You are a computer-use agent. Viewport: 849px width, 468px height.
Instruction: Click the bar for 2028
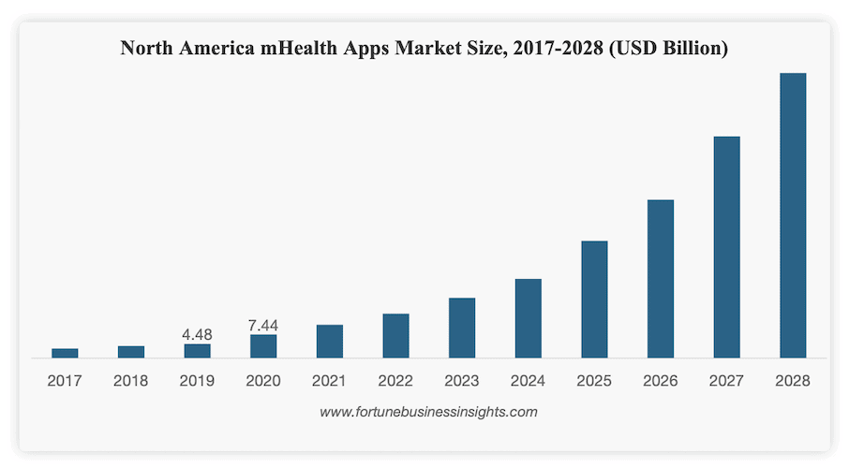pyautogui.click(x=792, y=215)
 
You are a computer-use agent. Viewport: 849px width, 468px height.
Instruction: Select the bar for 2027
pyautogui.click(x=726, y=247)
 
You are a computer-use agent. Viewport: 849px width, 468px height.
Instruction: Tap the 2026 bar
pyautogui.click(x=660, y=279)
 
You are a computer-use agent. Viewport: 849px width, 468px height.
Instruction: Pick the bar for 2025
pyautogui.click(x=594, y=300)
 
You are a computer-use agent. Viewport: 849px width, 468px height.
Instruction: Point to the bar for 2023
pyautogui.click(x=462, y=328)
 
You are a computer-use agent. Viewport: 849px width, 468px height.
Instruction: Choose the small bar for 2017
pyautogui.click(x=65, y=353)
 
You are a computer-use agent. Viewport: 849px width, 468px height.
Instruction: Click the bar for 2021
pyautogui.click(x=329, y=341)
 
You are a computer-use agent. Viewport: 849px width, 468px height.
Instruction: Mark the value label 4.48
pyautogui.click(x=198, y=334)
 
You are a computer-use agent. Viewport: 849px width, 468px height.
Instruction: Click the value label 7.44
pyautogui.click(x=263, y=325)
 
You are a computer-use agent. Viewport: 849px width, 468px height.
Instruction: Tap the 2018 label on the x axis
pyautogui.click(x=131, y=381)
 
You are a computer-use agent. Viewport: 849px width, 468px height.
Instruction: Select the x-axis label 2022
pyautogui.click(x=395, y=381)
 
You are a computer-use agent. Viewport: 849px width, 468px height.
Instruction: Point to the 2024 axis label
pyautogui.click(x=528, y=381)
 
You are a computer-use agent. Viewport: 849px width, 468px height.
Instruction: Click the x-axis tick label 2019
pyautogui.click(x=198, y=381)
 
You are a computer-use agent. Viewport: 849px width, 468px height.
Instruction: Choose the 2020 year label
pyautogui.click(x=263, y=381)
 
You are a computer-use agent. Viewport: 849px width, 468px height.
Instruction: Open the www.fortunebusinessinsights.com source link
pyautogui.click(x=428, y=411)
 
